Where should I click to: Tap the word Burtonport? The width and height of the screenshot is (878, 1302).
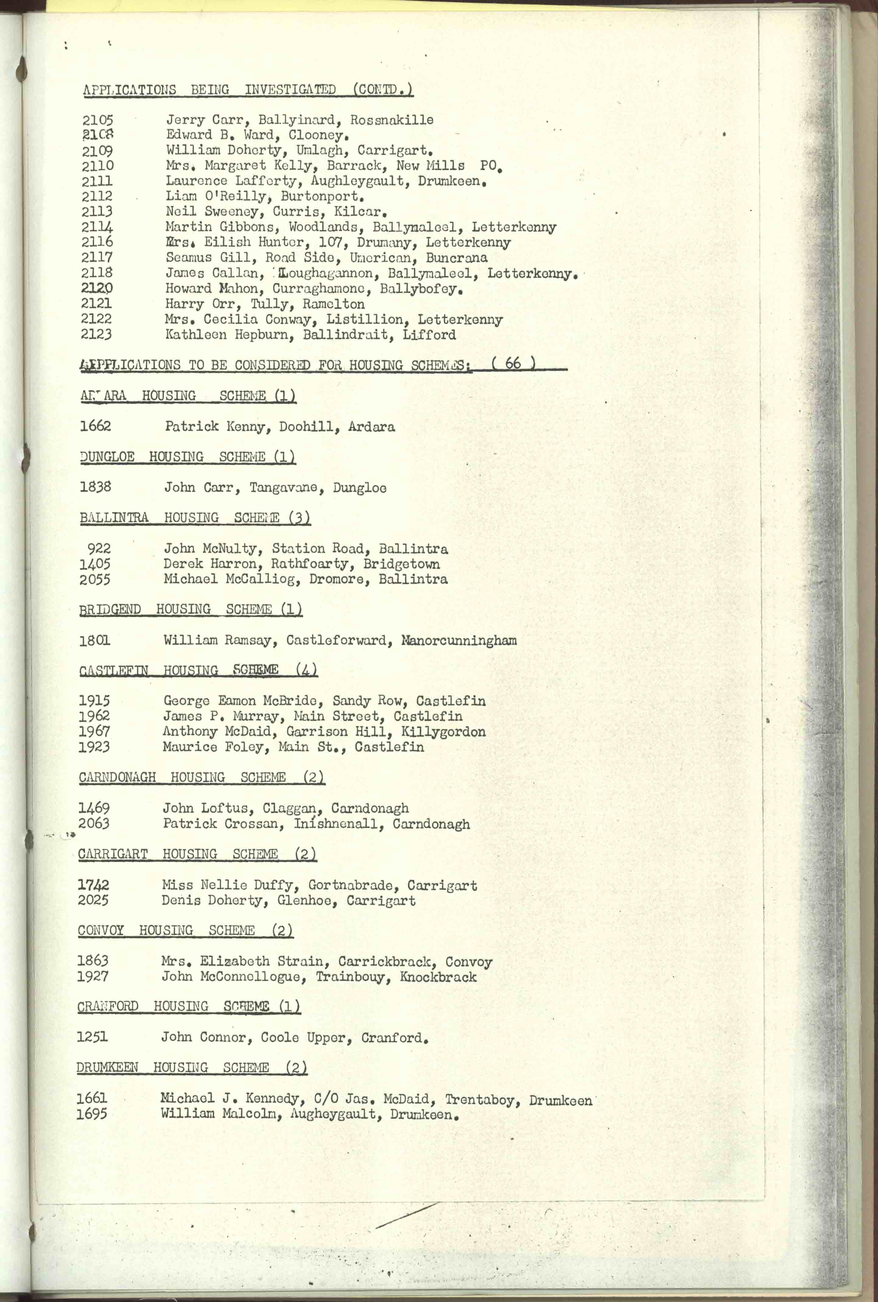323,196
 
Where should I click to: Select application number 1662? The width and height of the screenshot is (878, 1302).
95,426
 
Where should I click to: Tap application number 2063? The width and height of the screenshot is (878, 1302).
94,824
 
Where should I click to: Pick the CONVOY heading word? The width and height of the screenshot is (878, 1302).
101,931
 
